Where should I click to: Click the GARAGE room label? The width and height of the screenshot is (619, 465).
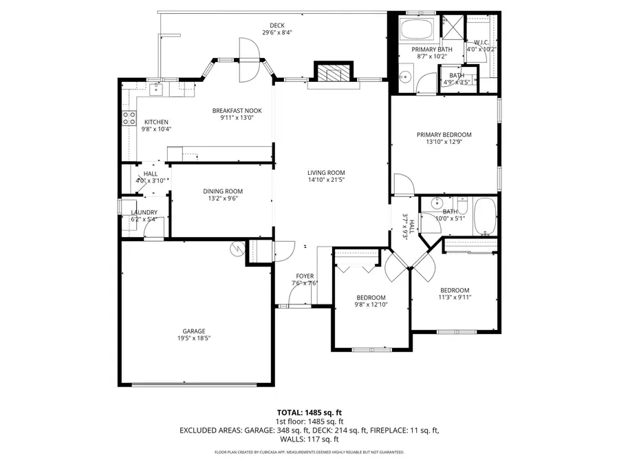tap(193, 331)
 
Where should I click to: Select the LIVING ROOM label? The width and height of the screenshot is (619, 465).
tap(326, 173)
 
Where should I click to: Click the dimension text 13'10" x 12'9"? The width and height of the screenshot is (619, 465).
tap(444, 143)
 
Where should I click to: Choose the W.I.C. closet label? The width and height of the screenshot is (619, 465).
tap(481, 42)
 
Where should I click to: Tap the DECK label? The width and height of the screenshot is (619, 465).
tap(276, 25)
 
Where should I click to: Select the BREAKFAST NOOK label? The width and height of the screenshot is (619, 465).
tap(237, 110)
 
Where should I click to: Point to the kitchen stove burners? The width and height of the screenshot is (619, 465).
tap(129, 118)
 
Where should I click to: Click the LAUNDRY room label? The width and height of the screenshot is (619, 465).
tap(144, 212)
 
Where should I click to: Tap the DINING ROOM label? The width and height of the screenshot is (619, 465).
tap(222, 192)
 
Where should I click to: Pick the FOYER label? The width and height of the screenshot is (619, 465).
tap(305, 275)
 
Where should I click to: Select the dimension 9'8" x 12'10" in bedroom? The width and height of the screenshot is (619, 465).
tap(371, 304)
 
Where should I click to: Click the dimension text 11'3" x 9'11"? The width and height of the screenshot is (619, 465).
tap(455, 298)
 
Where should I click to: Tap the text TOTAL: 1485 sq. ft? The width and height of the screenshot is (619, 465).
tap(309, 412)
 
